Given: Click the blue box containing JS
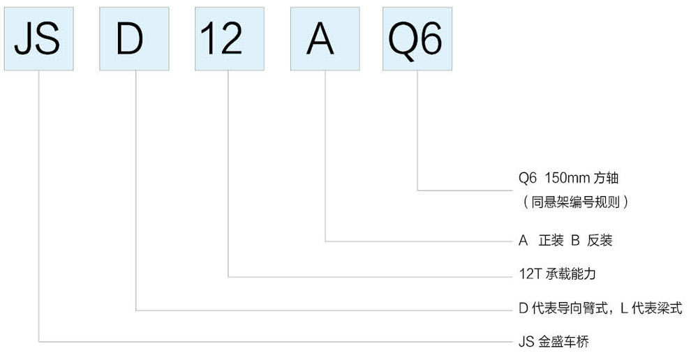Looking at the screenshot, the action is [38, 38].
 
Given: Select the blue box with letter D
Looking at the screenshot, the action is [134, 38].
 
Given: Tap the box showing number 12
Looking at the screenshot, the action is [229, 38].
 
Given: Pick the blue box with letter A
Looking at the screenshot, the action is [325, 38].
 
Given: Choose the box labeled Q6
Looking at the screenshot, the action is [417, 38].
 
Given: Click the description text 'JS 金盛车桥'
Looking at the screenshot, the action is [554, 342].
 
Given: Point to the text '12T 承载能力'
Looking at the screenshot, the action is [557, 273].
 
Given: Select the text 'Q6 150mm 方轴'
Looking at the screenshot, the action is [568, 178].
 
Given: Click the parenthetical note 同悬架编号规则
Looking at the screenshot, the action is [576, 202].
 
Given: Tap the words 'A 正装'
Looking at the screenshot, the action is [541, 240].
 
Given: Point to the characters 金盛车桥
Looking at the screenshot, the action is [563, 342].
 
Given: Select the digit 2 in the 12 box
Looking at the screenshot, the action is [232, 38].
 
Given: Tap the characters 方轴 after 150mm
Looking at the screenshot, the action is [607, 178].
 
